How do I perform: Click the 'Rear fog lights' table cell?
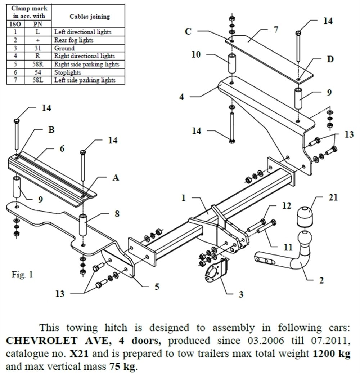(x=73, y=40)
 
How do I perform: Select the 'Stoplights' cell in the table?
(x=67, y=72)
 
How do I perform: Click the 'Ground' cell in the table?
(x=64, y=48)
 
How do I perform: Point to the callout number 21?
(x=333, y=198)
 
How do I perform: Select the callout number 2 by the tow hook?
(x=321, y=279)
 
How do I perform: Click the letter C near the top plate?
(x=188, y=31)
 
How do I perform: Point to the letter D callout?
(x=330, y=59)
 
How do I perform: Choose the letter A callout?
(x=116, y=177)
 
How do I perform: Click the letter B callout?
(x=51, y=130)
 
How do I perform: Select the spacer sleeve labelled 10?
(x=232, y=64)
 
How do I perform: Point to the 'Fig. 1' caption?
(x=22, y=275)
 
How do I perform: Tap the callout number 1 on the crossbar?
(x=184, y=198)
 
